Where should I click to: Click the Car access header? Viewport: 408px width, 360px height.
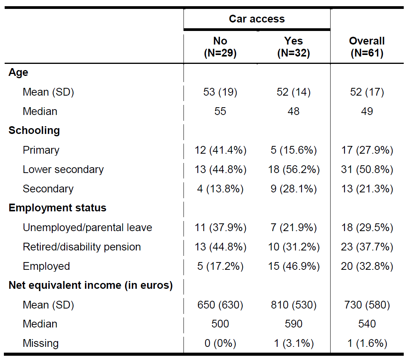pyautogui.click(x=257, y=19)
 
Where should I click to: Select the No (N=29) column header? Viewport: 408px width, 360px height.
pyautogui.click(x=220, y=47)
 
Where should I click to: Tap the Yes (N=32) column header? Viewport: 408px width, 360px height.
pyautogui.click(x=293, y=47)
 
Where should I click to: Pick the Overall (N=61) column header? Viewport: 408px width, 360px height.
pyautogui.click(x=367, y=47)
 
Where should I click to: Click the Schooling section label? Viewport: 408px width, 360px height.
pyautogui.click(x=34, y=130)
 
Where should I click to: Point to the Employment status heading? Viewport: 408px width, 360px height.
pyautogui.click(x=58, y=208)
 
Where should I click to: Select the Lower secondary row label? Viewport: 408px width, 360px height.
pyautogui.click(x=63, y=170)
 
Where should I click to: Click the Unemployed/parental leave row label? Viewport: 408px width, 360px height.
pyautogui.click(x=87, y=228)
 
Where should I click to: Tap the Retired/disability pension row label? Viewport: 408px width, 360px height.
pyautogui.click(x=82, y=247)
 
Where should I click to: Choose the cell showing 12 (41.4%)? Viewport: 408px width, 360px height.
pyautogui.click(x=220, y=150)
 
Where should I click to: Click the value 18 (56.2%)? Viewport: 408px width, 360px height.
pyautogui.click(x=294, y=170)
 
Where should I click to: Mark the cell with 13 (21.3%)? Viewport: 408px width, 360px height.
pyautogui.click(x=367, y=189)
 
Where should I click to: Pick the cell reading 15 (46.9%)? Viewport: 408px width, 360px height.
pyautogui.click(x=294, y=266)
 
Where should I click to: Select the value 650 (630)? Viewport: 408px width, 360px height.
pyautogui.click(x=220, y=305)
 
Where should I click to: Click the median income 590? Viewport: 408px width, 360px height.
pyautogui.click(x=293, y=324)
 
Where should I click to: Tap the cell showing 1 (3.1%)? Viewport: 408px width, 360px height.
pyautogui.click(x=294, y=343)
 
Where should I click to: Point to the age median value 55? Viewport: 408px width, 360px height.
pyautogui.click(x=220, y=111)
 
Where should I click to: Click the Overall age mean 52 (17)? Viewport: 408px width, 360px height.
pyautogui.click(x=367, y=92)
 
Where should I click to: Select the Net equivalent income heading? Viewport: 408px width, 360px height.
pyautogui.click(x=91, y=285)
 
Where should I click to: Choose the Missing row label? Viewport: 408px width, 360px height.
pyautogui.click(x=41, y=343)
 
